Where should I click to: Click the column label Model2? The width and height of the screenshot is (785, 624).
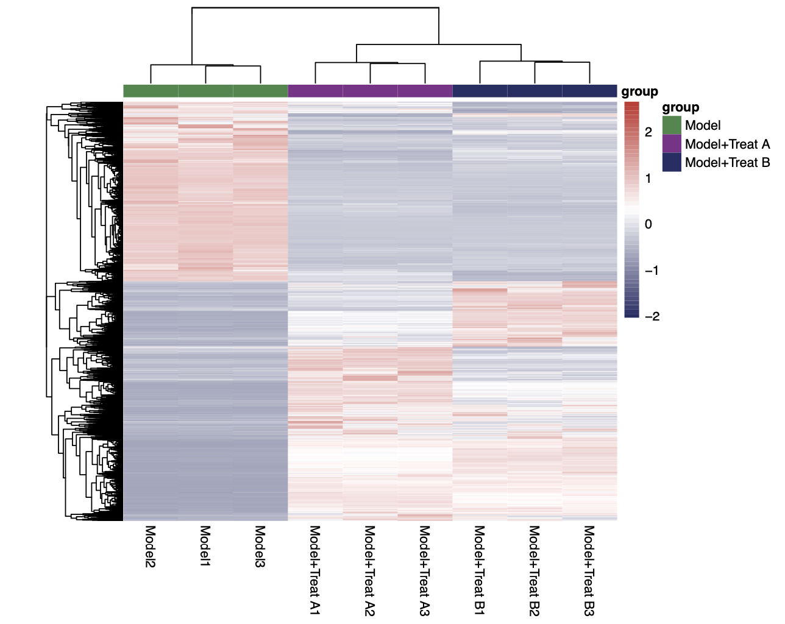[x=150, y=547]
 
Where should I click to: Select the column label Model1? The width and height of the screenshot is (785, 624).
[x=205, y=547]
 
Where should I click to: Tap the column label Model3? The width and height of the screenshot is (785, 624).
[x=260, y=547]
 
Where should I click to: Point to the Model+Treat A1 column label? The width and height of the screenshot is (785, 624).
[x=314, y=570]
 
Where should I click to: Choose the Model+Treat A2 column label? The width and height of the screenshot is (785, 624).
[x=369, y=570]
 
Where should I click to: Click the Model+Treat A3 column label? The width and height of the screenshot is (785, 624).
[x=424, y=570]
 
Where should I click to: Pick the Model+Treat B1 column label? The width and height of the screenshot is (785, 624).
[x=479, y=570]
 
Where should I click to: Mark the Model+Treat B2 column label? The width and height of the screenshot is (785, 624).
[x=534, y=570]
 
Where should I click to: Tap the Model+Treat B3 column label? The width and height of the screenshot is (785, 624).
[x=589, y=570]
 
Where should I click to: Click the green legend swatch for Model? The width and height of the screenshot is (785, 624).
[x=672, y=126]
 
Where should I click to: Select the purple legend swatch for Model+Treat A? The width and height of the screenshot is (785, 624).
[x=672, y=144]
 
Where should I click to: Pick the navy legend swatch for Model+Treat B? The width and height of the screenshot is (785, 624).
[x=672, y=162]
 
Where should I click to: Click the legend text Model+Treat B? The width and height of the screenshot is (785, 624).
[x=727, y=163]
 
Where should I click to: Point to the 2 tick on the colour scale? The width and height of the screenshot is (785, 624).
[x=648, y=132]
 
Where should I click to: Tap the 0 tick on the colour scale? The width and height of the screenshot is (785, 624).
[x=648, y=224]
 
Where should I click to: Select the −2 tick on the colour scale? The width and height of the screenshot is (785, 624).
[x=652, y=316]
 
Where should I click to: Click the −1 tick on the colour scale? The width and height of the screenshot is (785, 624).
[x=652, y=271]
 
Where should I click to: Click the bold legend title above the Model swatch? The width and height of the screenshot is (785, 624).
[x=680, y=108]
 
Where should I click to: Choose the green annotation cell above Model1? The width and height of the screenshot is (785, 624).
[x=205, y=91]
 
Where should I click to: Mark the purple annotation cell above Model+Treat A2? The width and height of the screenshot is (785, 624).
[x=370, y=91]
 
